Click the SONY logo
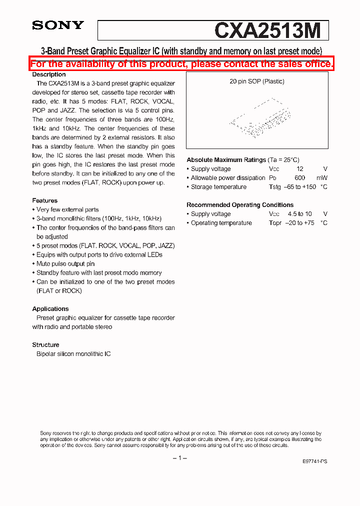click(58, 25)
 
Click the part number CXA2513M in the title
click(267, 31)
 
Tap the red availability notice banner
click(181, 64)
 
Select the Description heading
click(49, 74)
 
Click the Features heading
click(45, 200)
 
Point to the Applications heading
click(50, 309)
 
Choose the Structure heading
click(46, 345)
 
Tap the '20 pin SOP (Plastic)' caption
click(257, 81)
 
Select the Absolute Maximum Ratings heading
click(226, 160)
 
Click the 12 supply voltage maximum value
click(300, 169)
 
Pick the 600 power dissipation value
click(300, 178)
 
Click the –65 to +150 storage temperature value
click(301, 187)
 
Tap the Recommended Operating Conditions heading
click(240, 205)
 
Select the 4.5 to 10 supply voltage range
click(300, 214)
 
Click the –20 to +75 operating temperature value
click(300, 223)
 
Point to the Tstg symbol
click(275, 187)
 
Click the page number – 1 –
click(179, 458)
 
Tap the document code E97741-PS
click(315, 462)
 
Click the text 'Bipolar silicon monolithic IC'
click(73, 354)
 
